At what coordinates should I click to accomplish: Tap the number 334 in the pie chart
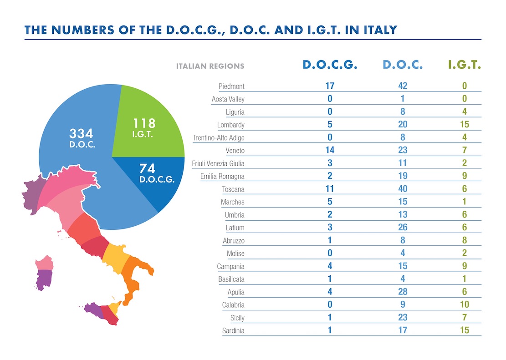[81, 133]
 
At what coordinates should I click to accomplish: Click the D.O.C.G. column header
[330, 65]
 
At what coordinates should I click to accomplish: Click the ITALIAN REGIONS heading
[210, 66]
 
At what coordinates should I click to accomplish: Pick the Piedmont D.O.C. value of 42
[402, 86]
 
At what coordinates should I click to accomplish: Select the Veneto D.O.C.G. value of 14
[330, 150]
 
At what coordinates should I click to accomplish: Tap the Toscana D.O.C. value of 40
[402, 189]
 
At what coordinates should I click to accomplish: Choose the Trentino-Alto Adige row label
[219, 137]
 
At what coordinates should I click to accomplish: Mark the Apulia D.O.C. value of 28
[402, 292]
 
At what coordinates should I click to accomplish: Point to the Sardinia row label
[233, 331]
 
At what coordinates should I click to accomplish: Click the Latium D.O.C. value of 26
[402, 228]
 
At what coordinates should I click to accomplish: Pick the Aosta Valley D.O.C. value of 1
[402, 99]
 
